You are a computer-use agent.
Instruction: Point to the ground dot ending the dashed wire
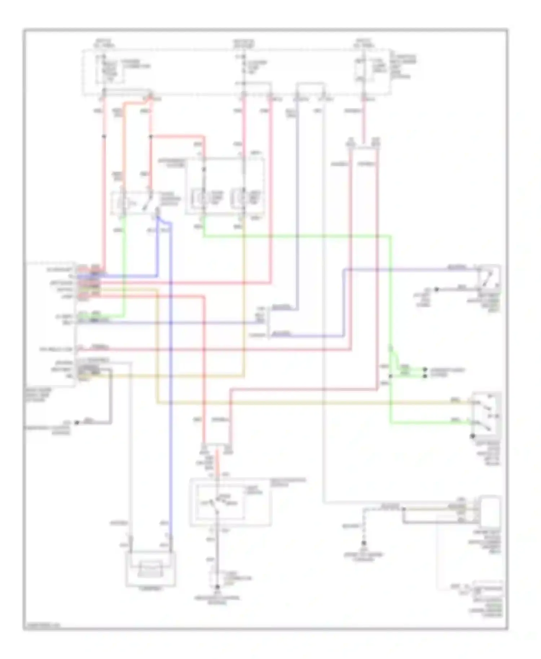(364, 543)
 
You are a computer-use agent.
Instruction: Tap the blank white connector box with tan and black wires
(490, 510)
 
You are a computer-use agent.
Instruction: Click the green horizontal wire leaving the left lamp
(296, 236)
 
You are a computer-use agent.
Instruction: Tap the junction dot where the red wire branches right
(151, 137)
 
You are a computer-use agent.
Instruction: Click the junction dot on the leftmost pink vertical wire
(104, 137)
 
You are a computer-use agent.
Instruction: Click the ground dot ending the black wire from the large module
(76, 423)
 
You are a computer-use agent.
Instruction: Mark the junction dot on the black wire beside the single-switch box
(436, 289)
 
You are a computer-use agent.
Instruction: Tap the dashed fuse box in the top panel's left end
(109, 71)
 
